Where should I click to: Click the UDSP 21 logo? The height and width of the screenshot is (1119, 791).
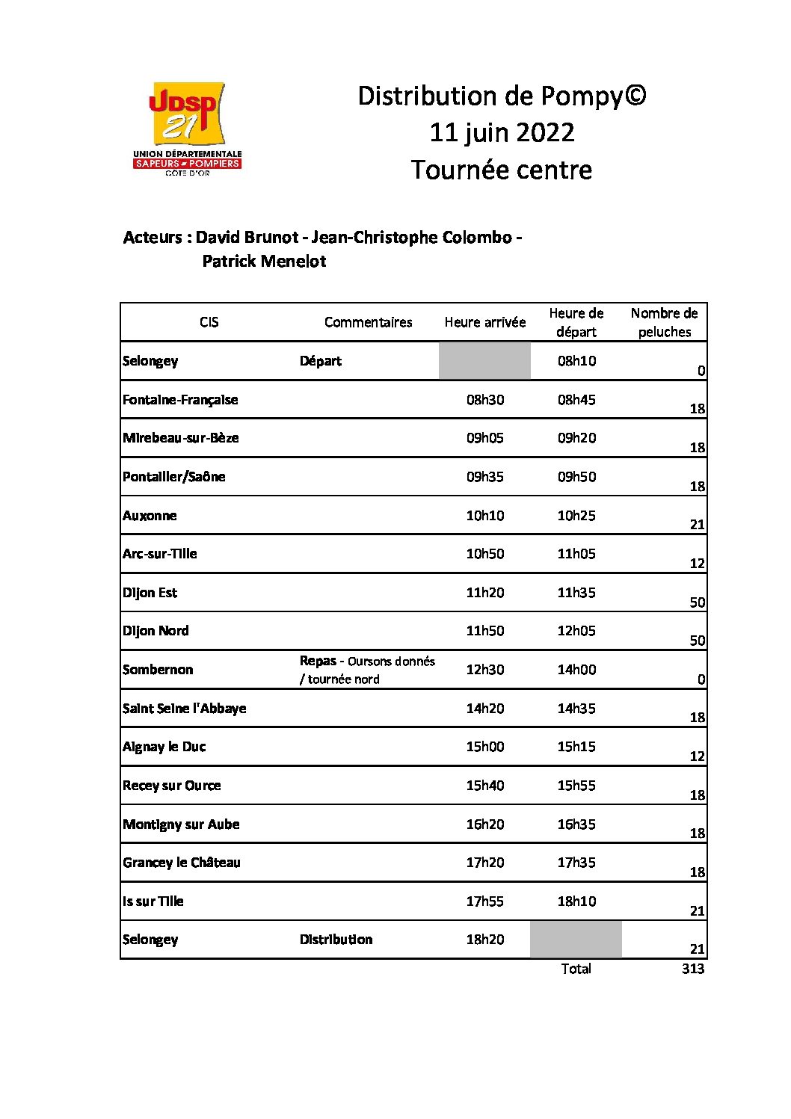188,127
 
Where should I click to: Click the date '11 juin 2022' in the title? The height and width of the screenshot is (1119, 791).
502,133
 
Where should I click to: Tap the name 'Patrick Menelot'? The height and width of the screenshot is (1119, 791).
264,262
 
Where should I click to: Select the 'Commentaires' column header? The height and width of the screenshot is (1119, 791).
368,322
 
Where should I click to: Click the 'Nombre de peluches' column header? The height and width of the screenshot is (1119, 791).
664,322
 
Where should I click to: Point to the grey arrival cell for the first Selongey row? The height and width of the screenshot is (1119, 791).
484,361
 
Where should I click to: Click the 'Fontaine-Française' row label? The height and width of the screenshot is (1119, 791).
180,400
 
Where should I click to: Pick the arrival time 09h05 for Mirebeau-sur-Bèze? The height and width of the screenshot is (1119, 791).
485,438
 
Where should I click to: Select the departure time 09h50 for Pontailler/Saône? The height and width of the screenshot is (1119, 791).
576,477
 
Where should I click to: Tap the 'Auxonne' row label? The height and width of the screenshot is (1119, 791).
150,516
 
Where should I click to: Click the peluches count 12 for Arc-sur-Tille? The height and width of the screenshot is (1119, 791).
697,564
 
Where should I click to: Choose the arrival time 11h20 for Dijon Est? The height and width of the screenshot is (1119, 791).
485,593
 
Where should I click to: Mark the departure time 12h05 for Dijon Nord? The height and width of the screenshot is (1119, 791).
576,631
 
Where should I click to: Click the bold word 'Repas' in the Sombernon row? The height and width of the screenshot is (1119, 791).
318,661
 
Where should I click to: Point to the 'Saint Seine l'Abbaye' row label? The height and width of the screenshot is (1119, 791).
184,709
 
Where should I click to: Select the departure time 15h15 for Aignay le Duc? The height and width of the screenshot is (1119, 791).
576,747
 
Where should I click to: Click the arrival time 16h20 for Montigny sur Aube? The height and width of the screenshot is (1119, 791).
485,824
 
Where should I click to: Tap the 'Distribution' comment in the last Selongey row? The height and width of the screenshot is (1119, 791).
336,940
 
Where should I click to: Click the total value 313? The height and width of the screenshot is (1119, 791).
693,969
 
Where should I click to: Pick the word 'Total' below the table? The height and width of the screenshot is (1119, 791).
576,969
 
